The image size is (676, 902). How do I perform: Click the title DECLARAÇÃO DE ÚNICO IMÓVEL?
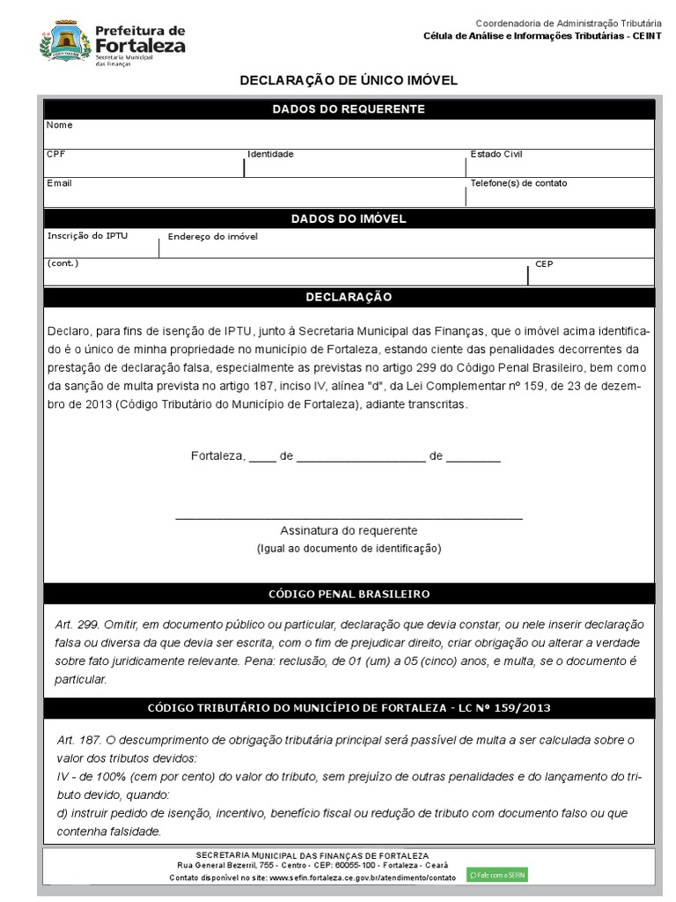pos(349,81)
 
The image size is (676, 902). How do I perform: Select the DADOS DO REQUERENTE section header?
pos(349,109)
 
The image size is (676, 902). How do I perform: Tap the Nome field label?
pos(59,125)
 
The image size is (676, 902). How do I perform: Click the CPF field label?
pos(55,154)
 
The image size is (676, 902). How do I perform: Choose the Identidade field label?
pos(270,154)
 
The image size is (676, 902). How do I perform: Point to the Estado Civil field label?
pos(496,154)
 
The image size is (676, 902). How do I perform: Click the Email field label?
pos(59,183)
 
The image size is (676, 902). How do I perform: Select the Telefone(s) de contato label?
pos(518,183)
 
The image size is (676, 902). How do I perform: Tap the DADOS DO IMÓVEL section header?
pos(349,219)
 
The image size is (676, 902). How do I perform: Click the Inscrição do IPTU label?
pos(87,236)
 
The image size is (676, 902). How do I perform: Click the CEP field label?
pos(544,264)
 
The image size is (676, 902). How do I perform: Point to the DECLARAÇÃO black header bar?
pos(349,298)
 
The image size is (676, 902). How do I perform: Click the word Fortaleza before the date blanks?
pos(216,456)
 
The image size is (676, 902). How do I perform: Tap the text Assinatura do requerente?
pos(349,531)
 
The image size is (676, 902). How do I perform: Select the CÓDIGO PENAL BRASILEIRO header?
pos(349,595)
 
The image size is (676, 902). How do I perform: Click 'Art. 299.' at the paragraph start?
pos(76,624)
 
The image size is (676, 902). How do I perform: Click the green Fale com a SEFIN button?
pos(497,875)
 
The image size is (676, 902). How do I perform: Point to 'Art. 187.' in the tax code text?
pos(77,740)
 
